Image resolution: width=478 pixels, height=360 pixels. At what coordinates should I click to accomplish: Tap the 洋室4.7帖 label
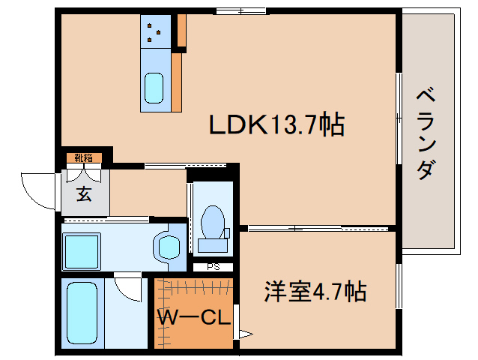coord(315,290)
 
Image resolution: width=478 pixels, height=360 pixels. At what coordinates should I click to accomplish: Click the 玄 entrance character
coord(84,193)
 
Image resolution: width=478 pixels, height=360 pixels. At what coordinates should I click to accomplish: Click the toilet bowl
coord(214,220)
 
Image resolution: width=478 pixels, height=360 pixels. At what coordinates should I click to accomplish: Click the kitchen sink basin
coord(154,89)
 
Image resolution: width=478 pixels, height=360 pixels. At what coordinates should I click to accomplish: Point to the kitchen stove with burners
coord(155,30)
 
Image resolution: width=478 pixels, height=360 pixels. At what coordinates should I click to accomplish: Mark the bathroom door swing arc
coord(129,289)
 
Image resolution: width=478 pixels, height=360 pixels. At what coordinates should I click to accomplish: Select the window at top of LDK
coord(240,10)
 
